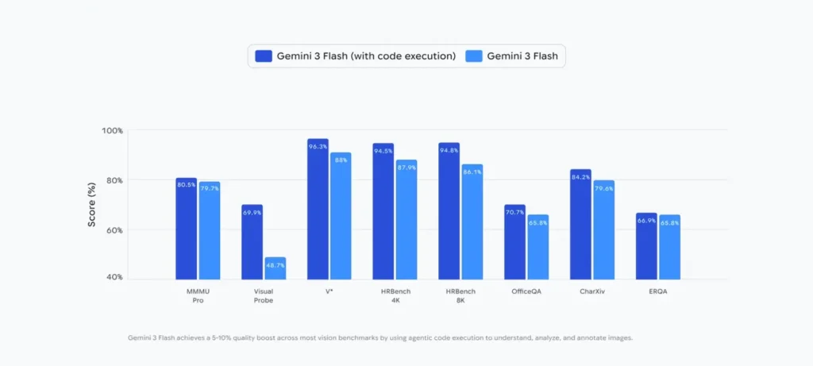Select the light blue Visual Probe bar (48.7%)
click(x=275, y=268)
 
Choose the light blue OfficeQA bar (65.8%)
click(x=538, y=247)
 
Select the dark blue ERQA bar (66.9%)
click(x=646, y=246)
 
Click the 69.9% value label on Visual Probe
click(x=252, y=214)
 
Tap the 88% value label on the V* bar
click(x=341, y=160)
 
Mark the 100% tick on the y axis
click(x=111, y=130)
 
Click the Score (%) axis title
click(x=92, y=204)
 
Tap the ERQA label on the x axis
click(x=657, y=291)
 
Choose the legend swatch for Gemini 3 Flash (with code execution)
click(x=263, y=56)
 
